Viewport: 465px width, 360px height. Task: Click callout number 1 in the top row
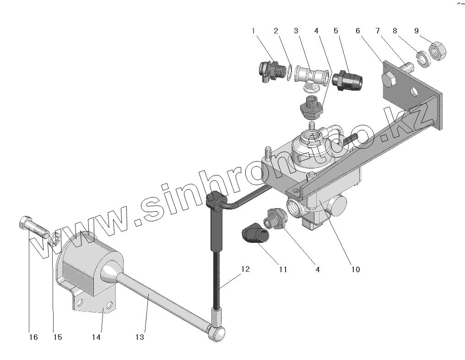[x=253, y=31]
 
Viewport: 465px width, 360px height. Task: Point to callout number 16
[x=33, y=337]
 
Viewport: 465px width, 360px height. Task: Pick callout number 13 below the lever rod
[x=140, y=337]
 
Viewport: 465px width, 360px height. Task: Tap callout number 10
[x=356, y=269]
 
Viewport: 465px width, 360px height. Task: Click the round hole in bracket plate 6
[x=415, y=91]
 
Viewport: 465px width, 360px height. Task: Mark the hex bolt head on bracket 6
[x=389, y=81]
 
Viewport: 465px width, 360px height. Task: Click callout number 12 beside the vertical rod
[x=245, y=269]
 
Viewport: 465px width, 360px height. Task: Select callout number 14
[x=96, y=337]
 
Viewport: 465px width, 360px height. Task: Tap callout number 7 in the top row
[x=378, y=31]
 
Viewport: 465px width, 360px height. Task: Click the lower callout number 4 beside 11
[x=317, y=269]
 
